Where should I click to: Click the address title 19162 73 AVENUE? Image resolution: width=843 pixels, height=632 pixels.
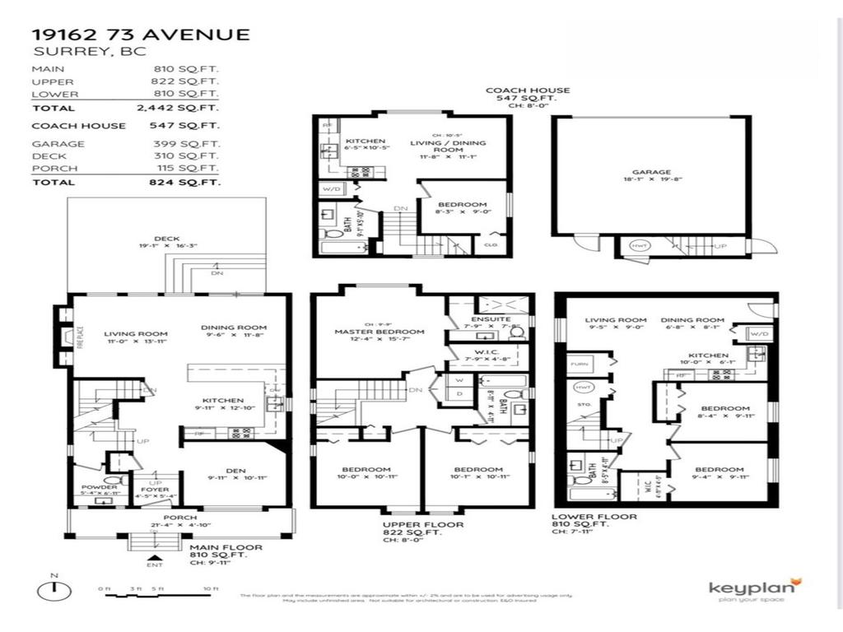(140, 34)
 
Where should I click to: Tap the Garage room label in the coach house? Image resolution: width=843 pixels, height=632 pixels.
(651, 173)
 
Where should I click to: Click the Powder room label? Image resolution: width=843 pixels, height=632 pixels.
(99, 487)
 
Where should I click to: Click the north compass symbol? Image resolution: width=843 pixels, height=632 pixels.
(54, 590)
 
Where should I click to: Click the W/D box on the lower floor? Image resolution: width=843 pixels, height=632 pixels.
(757, 333)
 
